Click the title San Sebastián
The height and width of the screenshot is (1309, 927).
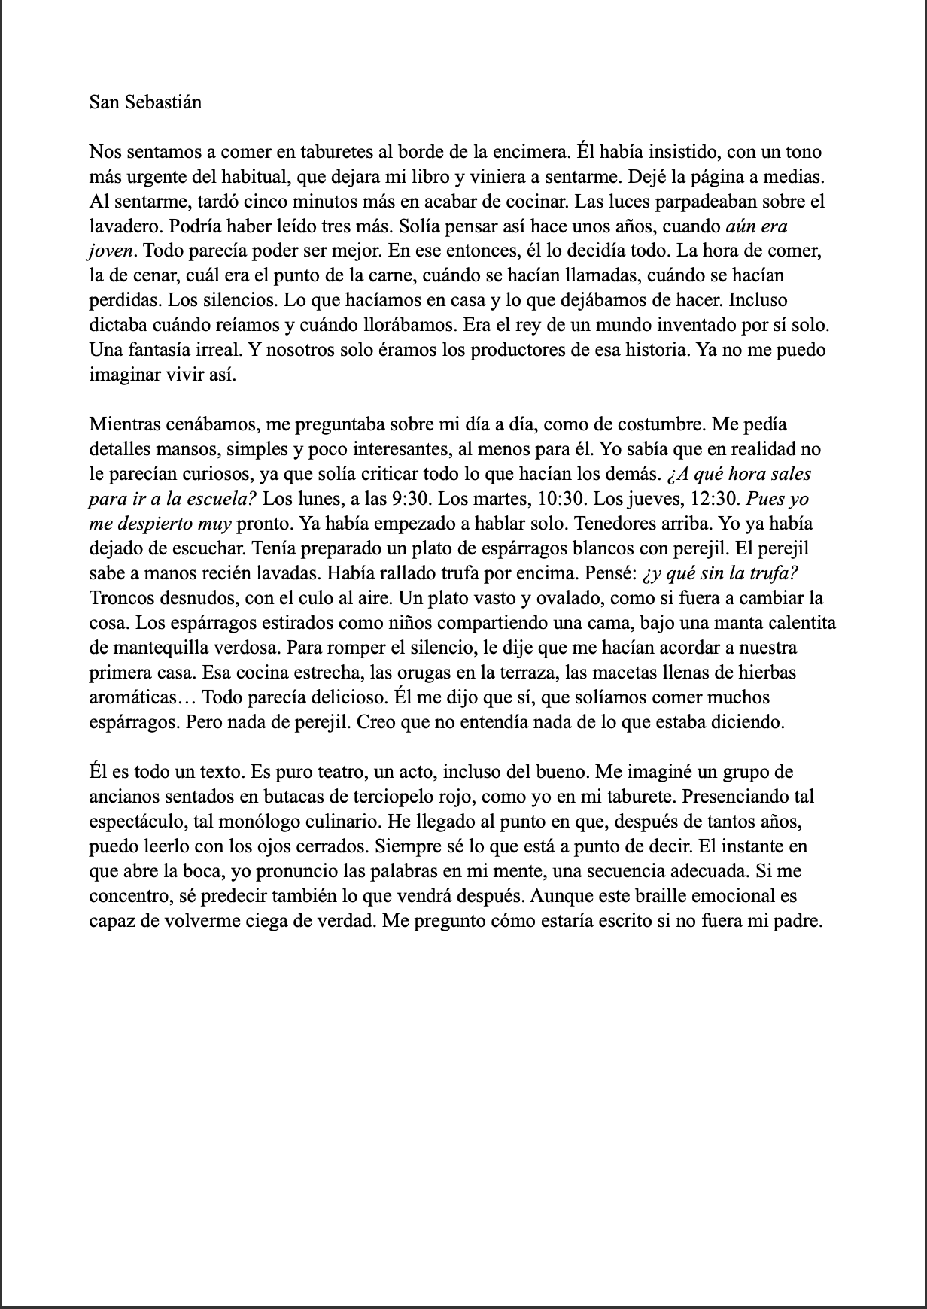(x=145, y=102)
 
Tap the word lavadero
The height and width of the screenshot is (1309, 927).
(x=121, y=226)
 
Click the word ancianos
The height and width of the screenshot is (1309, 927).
(x=121, y=797)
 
